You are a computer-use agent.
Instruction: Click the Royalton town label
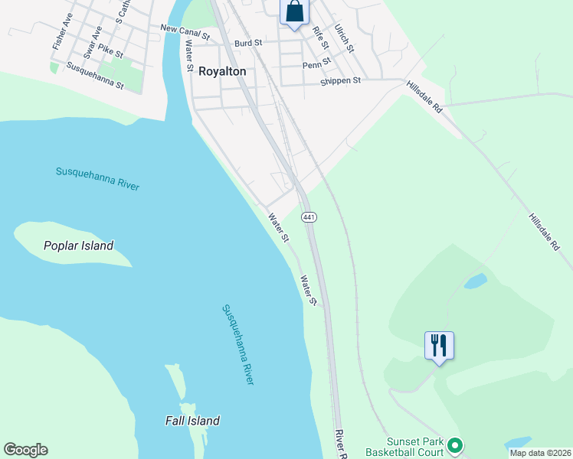(x=222, y=71)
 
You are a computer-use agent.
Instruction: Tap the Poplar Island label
(x=78, y=246)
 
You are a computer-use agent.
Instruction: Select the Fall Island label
(x=192, y=420)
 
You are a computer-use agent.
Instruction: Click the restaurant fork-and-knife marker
(x=439, y=345)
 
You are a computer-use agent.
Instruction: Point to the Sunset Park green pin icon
(x=454, y=444)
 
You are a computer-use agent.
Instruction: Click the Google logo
(x=25, y=450)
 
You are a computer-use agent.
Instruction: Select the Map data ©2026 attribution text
(x=540, y=453)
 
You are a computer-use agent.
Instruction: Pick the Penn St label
(x=316, y=64)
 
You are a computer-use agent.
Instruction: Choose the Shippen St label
(x=341, y=80)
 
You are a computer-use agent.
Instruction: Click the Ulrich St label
(x=345, y=37)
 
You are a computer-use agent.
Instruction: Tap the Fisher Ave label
(x=63, y=31)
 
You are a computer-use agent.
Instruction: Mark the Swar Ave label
(x=93, y=43)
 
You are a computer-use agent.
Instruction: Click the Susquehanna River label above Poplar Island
(x=97, y=178)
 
